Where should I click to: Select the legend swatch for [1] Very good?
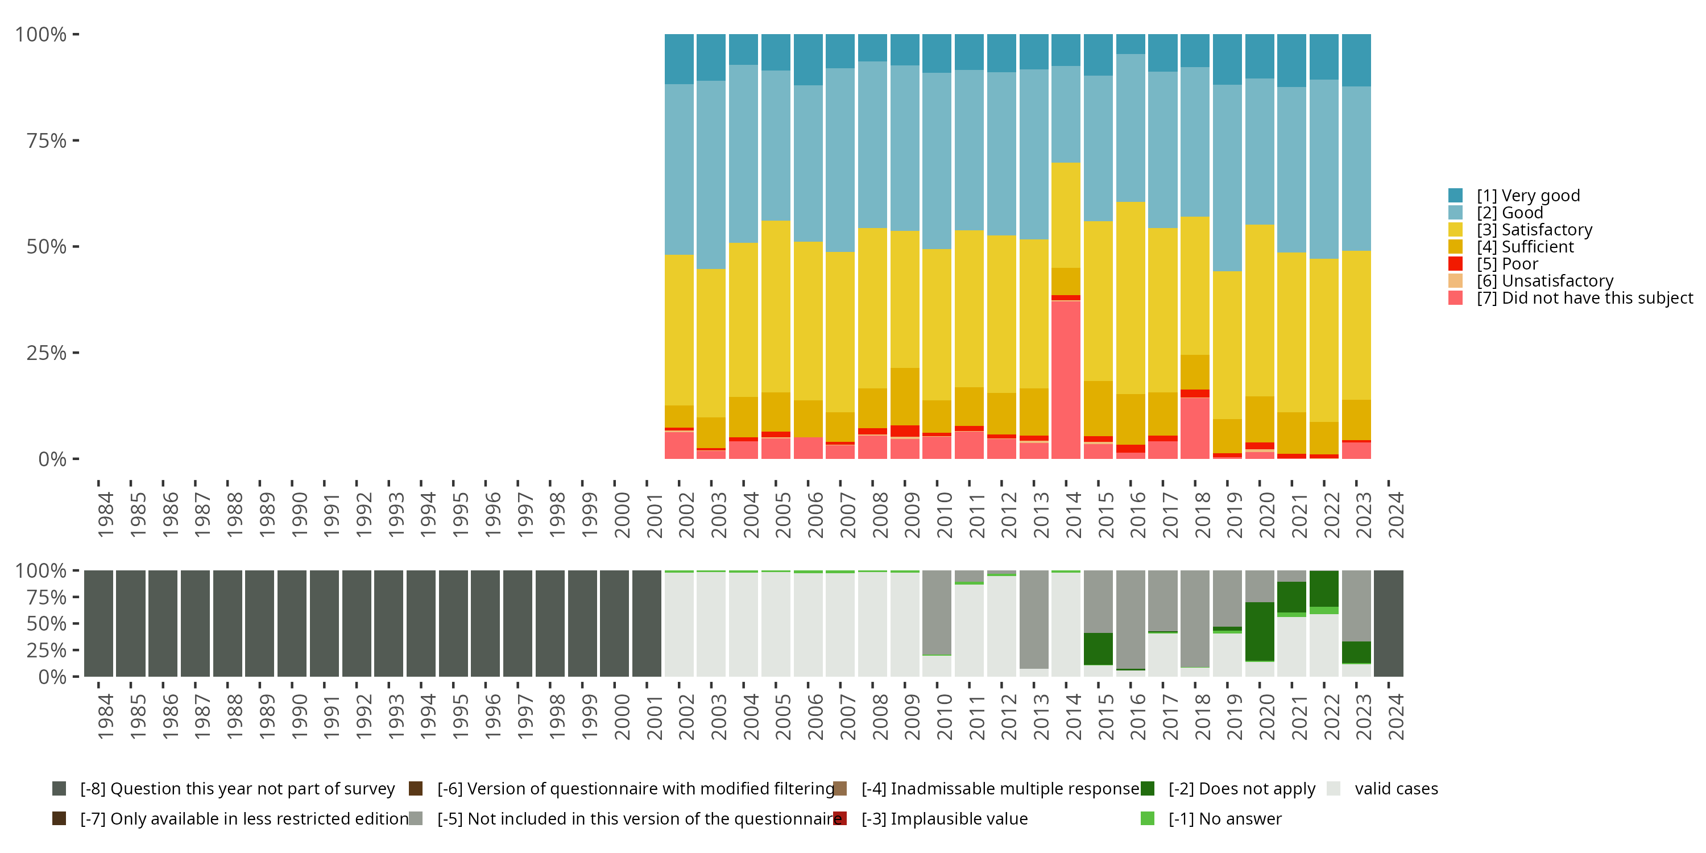pos(1455,196)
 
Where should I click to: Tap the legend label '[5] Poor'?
pos(1508,264)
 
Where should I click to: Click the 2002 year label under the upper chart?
pos(686,515)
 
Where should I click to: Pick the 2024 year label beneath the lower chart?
pos(1396,717)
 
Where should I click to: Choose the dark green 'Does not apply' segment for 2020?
pos(1260,631)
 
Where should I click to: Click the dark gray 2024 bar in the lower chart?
pos(1388,623)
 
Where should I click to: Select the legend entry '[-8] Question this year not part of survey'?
pos(237,789)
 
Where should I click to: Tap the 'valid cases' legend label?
pos(1396,789)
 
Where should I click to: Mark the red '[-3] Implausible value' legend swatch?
pos(840,818)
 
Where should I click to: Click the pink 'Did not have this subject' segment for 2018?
pos(1195,428)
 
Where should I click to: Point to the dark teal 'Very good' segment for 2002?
pos(679,59)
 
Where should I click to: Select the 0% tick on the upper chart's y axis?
pos(52,459)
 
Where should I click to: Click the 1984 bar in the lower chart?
pos(99,623)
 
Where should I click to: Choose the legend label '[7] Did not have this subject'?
pos(1584,298)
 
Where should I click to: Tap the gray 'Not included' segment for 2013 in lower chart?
pos(1033,619)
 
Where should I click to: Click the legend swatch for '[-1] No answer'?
pos(1148,818)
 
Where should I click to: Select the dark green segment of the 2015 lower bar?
pos(1098,649)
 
